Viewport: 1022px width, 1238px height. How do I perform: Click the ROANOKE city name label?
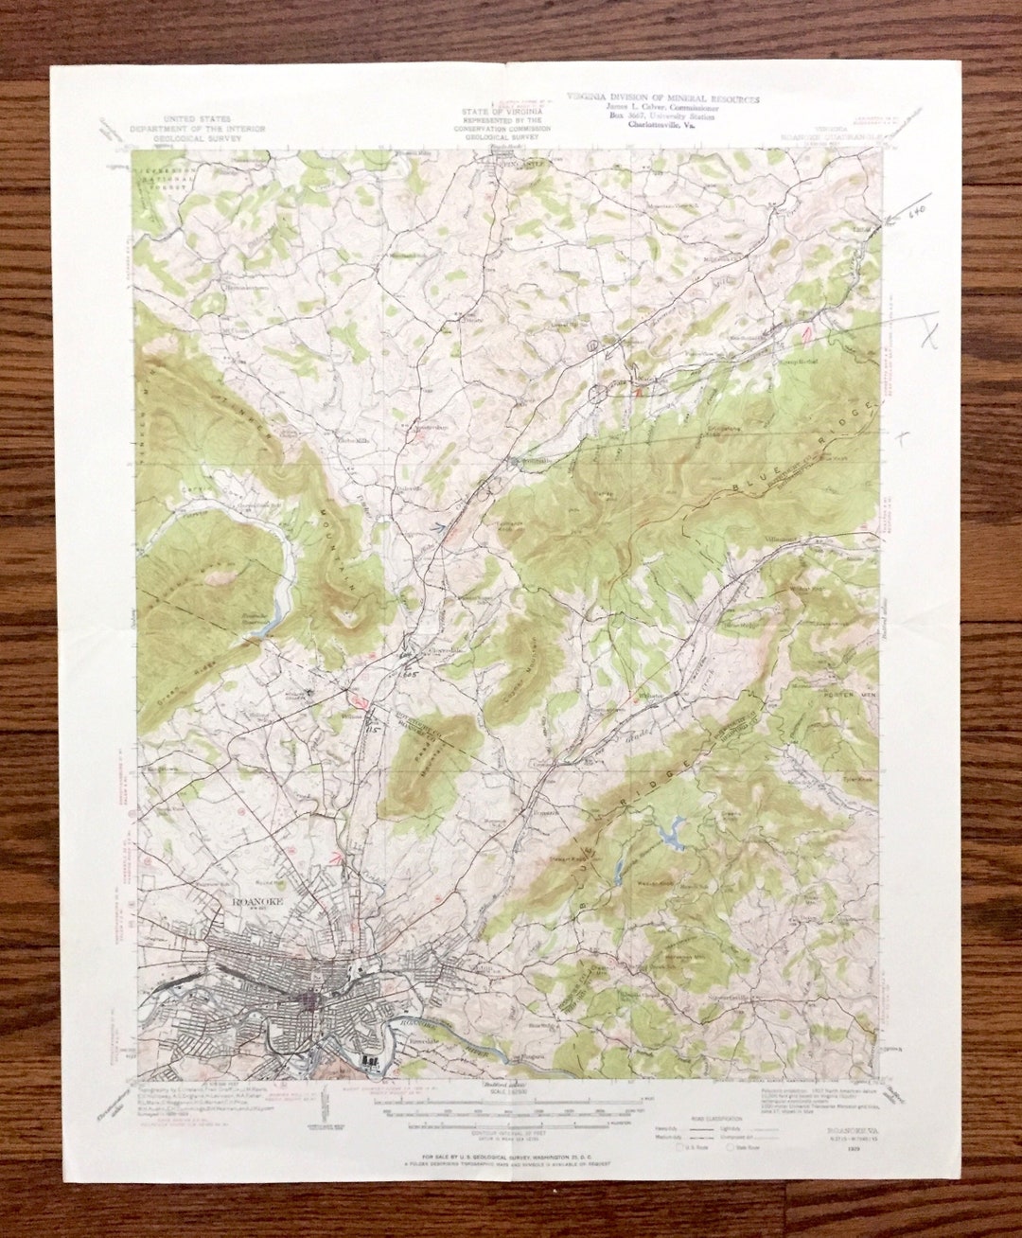coord(256,902)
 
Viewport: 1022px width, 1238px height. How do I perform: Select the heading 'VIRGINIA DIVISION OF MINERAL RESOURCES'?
coord(662,98)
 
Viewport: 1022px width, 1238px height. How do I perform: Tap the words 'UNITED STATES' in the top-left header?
coord(197,119)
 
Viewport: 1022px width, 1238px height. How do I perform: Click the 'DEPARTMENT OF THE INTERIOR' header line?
coord(197,129)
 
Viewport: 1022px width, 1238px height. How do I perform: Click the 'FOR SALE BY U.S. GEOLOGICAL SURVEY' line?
coord(511,1157)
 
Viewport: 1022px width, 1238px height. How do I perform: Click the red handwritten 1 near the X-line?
coord(807,333)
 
